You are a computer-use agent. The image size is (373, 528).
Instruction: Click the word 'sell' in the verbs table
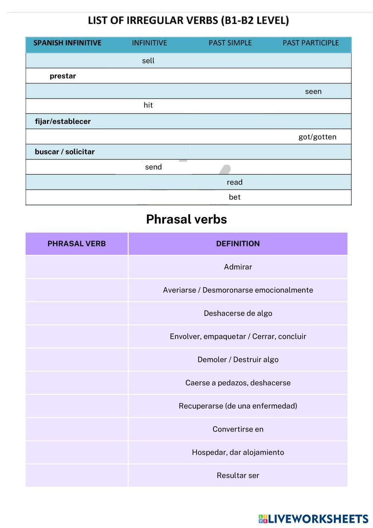click(148, 60)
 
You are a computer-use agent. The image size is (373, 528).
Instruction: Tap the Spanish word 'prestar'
click(63, 76)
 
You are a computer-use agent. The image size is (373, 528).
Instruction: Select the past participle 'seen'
click(313, 91)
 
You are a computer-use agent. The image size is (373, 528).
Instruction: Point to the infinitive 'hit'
click(148, 105)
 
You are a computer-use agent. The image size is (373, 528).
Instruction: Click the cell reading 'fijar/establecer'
click(63, 121)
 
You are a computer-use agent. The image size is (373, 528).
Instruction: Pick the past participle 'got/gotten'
click(317, 137)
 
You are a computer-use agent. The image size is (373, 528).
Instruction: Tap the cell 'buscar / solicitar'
click(65, 152)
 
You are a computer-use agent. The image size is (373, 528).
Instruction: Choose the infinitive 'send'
click(153, 167)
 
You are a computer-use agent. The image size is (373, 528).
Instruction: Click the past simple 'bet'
click(234, 197)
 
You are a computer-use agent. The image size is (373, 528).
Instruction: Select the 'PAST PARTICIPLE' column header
click(310, 43)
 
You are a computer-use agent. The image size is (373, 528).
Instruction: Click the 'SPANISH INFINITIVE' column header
click(67, 43)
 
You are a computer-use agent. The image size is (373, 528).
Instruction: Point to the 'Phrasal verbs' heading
click(186, 219)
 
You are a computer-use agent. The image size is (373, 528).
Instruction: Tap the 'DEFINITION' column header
click(238, 243)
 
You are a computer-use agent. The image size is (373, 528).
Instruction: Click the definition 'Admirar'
click(238, 267)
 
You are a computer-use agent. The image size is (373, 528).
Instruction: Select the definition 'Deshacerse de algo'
click(238, 313)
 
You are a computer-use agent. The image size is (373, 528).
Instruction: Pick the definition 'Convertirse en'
click(238, 429)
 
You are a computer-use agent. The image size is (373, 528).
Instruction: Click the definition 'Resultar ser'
click(238, 475)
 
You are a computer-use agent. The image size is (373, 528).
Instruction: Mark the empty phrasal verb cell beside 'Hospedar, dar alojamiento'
click(76, 452)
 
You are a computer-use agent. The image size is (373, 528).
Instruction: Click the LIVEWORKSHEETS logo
click(313, 519)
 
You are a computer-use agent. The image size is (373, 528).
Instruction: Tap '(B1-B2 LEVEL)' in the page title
click(255, 20)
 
